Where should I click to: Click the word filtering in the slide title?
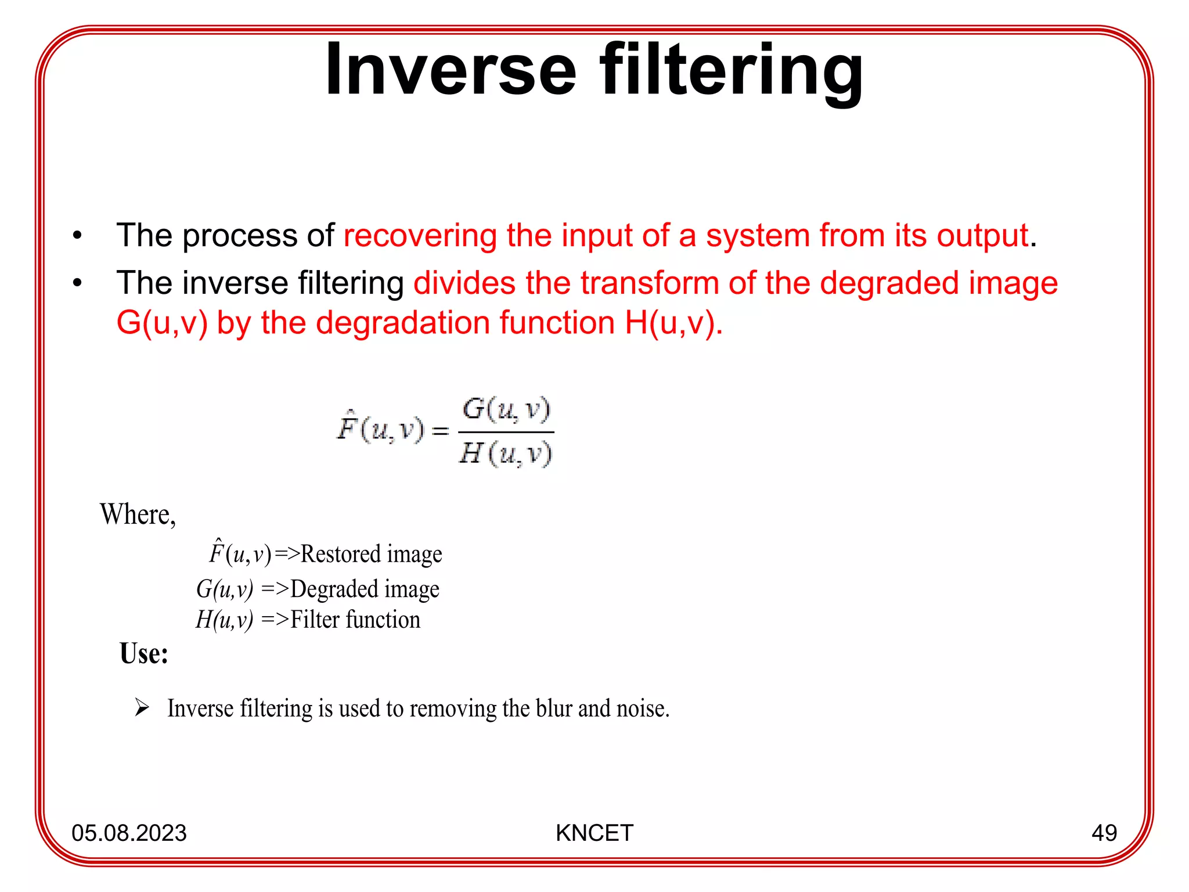click(732, 71)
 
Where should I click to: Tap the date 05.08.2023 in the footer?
click(129, 833)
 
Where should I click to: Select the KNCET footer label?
click(594, 833)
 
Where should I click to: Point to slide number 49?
click(1104, 833)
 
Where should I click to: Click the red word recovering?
click(420, 236)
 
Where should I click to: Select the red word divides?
click(464, 283)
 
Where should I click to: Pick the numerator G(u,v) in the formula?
click(506, 410)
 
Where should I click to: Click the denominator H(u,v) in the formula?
click(506, 454)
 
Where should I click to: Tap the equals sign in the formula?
click(440, 431)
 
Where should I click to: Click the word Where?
click(138, 515)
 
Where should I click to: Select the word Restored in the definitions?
click(340, 554)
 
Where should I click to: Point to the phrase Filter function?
click(355, 620)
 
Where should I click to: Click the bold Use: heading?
click(143, 654)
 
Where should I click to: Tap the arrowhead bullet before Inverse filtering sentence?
click(142, 708)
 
